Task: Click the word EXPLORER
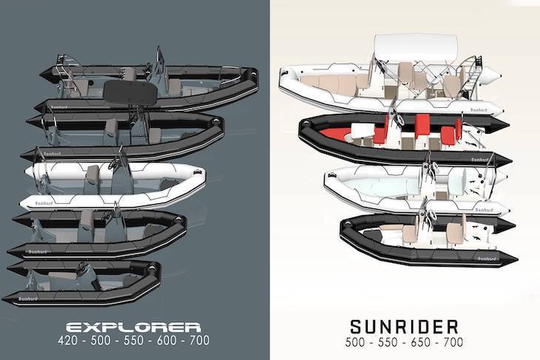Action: tap(133, 327)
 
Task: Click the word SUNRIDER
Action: tap(405, 327)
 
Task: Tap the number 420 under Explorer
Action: tap(68, 340)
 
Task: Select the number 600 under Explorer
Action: tap(167, 340)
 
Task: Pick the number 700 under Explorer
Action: tap(200, 340)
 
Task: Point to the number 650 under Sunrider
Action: tap(421, 342)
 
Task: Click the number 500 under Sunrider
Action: tap(355, 342)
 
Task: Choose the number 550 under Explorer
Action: tap(134, 340)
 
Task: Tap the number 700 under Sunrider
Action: tap(453, 342)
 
